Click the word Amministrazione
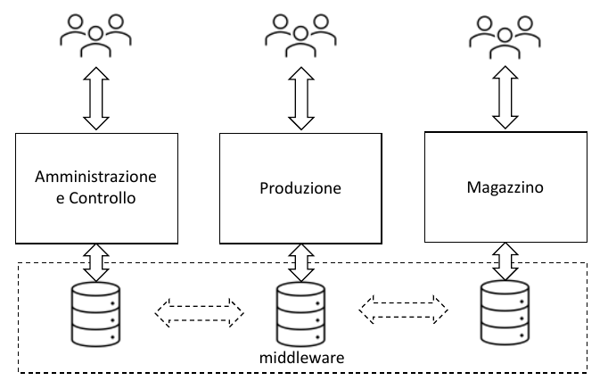pyautogui.click(x=95, y=176)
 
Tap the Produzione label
pyautogui.click(x=300, y=188)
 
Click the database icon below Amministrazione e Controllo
pyautogui.click(x=95, y=312)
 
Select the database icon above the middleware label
pyautogui.click(x=300, y=312)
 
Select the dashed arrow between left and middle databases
pyautogui.click(x=199, y=310)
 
